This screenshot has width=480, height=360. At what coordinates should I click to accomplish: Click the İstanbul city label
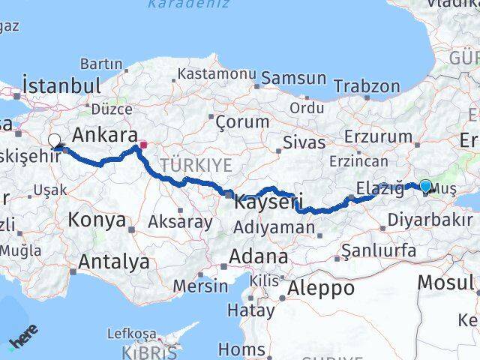pos(61,85)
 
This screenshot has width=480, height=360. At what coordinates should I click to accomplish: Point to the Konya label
pos(97,220)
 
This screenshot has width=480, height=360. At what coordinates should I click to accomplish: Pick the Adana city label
pos(258,256)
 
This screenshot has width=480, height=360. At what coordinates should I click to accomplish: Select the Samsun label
pos(293,78)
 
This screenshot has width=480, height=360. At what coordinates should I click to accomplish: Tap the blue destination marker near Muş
pos(426,186)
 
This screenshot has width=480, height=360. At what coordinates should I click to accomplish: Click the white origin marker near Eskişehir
pos(54,139)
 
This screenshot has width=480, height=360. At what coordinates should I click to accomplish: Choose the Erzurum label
pos(379,137)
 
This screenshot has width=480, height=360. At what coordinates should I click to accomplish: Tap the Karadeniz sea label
pos(179,4)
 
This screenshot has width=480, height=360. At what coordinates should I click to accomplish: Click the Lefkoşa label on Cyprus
pos(132,334)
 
